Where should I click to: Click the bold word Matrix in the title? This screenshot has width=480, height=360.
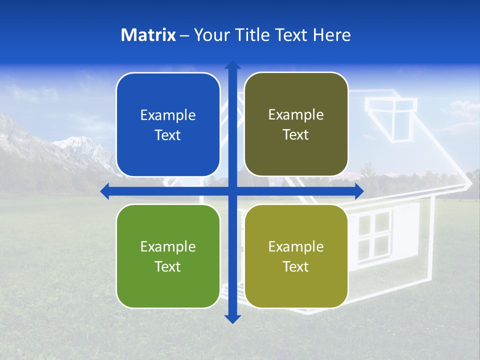coord(148,35)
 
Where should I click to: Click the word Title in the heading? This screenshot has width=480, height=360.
coord(252,35)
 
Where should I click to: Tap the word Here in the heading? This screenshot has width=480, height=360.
coord(331,35)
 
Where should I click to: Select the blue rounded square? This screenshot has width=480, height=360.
coord(168,124)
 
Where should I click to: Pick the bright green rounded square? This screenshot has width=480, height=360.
coord(168,256)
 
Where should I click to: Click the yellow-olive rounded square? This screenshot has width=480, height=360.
coord(296,256)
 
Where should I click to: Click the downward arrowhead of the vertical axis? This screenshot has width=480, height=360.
coord(232,318)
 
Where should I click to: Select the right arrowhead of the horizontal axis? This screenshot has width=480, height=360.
coord(358,191)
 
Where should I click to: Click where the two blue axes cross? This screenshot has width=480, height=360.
coord(232,191)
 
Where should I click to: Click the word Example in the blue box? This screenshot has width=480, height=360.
coord(168,115)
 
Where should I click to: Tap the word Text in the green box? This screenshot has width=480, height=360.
coord(168,266)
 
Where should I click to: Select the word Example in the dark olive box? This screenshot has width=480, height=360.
coord(296,115)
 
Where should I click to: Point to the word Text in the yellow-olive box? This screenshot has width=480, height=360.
coord(296,266)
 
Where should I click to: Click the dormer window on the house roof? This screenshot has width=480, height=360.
coord(390,117)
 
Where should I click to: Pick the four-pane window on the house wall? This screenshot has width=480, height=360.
coord(374,234)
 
